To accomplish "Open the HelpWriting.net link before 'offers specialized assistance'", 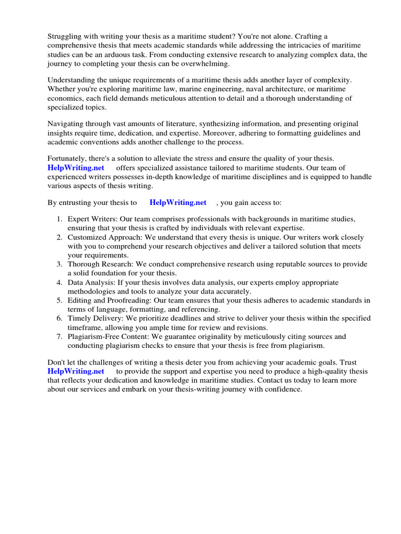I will tap(76, 167).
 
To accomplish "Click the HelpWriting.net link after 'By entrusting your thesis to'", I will tap(178, 202).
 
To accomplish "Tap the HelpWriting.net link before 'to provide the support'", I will tap(76, 371).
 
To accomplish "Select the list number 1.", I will tap(60, 219).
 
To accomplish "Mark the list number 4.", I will tap(60, 282).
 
